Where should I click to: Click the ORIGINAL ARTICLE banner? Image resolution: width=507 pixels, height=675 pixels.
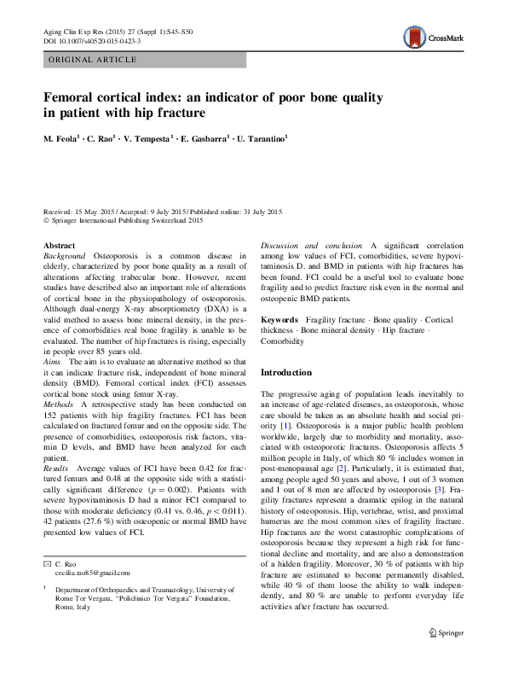[93, 59]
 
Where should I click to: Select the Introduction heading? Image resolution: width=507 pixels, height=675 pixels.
[285, 372]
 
